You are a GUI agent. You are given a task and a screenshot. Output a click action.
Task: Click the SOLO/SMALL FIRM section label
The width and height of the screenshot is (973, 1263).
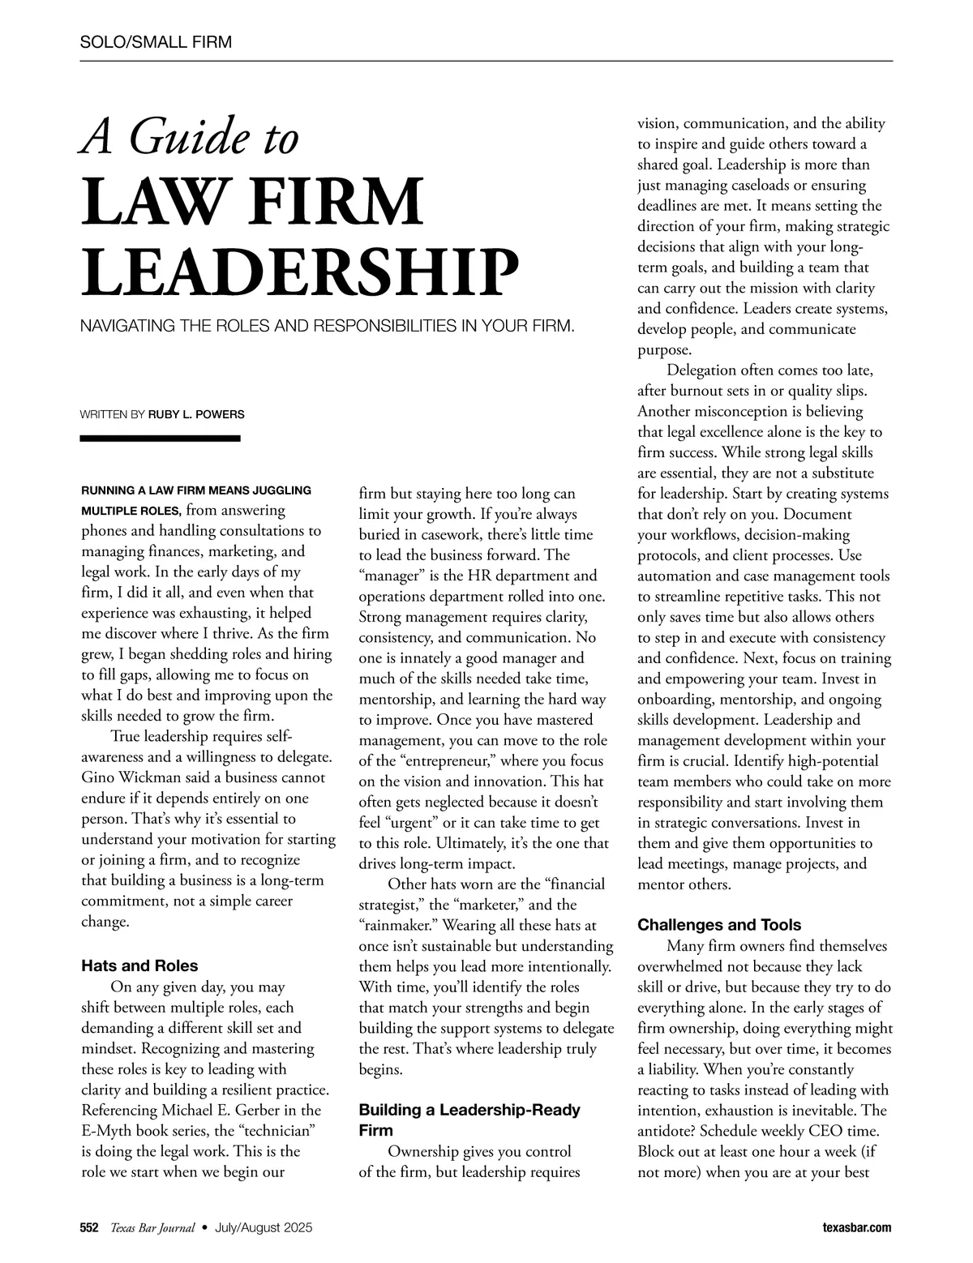(x=156, y=42)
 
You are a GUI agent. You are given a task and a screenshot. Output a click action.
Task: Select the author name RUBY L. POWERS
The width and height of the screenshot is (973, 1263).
(x=196, y=414)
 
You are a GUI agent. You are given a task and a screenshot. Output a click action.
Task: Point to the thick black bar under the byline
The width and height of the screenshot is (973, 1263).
(x=161, y=439)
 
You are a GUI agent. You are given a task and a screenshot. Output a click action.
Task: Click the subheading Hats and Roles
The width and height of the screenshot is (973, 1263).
(x=139, y=965)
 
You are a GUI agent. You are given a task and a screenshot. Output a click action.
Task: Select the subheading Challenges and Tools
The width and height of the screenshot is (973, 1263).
(x=719, y=925)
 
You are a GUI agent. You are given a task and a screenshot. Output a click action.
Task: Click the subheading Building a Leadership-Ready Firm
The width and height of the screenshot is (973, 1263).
(x=469, y=1120)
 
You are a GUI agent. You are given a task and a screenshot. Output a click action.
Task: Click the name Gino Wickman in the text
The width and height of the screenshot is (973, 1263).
(x=131, y=777)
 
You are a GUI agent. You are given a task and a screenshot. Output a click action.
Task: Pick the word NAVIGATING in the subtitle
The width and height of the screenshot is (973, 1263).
(x=124, y=327)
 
